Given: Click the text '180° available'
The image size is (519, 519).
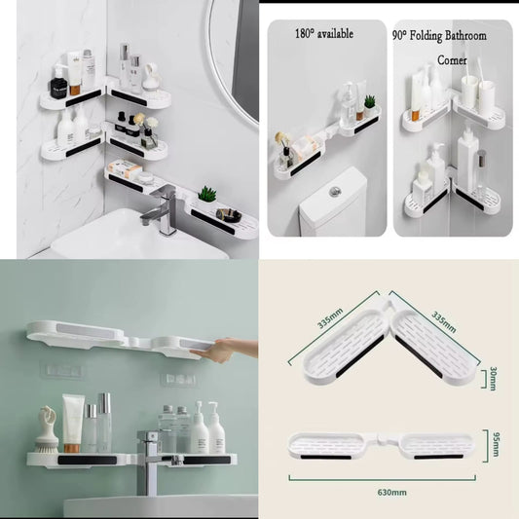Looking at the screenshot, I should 323,34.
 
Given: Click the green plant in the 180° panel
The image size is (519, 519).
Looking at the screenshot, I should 369,101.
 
